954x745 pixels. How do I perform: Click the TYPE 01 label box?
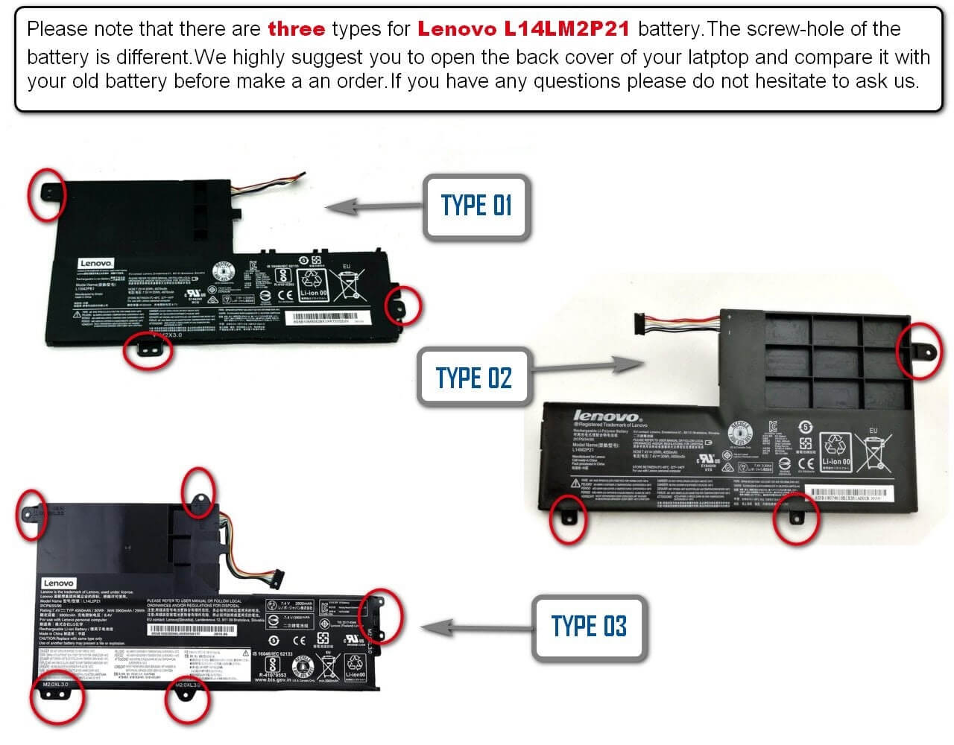[476, 206]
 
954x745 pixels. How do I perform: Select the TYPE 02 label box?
[473, 378]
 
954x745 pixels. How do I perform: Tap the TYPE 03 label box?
[588, 627]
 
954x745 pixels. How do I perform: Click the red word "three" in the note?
[296, 29]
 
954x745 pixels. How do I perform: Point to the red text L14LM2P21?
[566, 29]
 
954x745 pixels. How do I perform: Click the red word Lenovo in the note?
[457, 29]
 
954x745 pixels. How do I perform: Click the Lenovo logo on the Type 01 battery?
[95, 264]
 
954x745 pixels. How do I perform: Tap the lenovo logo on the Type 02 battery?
[605, 416]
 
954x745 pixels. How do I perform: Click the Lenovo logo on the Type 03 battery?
[58, 583]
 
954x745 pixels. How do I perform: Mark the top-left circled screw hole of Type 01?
[47, 193]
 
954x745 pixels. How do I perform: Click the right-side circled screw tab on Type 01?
[402, 305]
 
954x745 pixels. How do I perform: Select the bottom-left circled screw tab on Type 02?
[568, 517]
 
